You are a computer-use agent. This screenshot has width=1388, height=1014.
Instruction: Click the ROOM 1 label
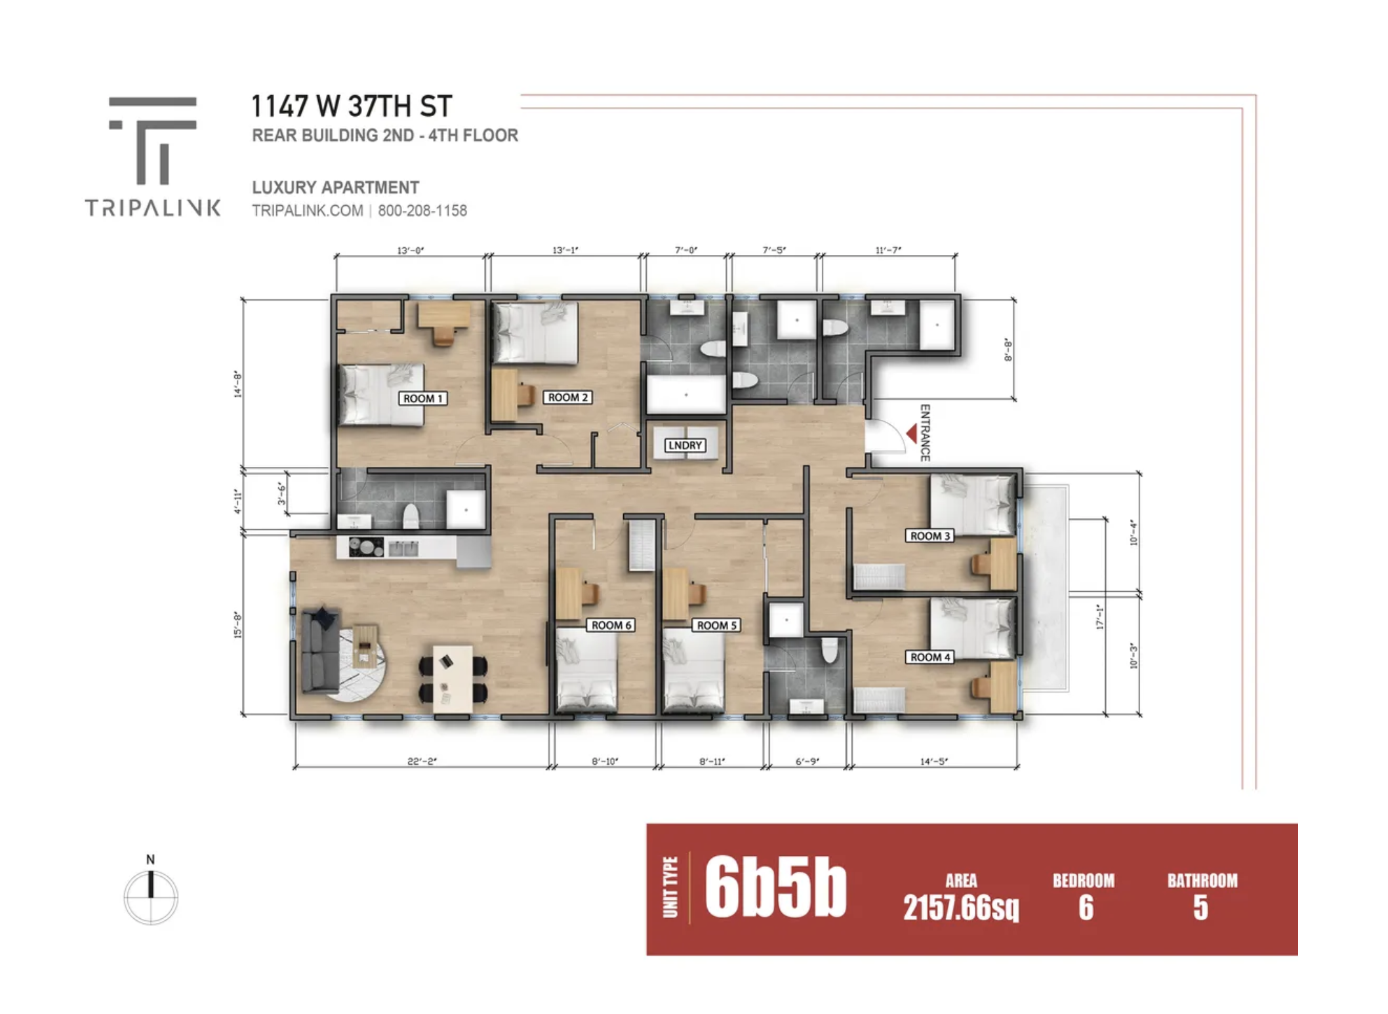pos(423,398)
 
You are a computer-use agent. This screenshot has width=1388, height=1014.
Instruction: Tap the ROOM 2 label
pos(568,397)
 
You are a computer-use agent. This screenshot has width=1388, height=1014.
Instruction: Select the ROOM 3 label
pos(930,536)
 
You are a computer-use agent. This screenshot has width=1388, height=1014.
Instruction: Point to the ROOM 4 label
pos(930,657)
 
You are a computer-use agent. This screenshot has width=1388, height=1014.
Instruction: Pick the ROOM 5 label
pos(717,625)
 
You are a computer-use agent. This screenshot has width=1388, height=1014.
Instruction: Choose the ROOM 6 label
pos(611,625)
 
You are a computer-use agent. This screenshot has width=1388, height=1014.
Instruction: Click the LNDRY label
pos(685,445)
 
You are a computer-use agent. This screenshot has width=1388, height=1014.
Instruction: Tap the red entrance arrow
pos(912,434)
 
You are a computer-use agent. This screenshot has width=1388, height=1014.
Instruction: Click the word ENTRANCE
pos(925,433)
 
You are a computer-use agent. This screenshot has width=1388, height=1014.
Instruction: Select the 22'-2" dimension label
pos(422,761)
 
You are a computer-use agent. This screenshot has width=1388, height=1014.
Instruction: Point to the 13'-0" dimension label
pos(411,250)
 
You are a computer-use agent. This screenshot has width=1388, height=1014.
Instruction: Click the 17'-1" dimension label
pos(1100,617)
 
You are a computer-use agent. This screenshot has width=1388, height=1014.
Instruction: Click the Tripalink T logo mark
pos(153,140)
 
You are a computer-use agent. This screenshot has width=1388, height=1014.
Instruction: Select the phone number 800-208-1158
pos(422,211)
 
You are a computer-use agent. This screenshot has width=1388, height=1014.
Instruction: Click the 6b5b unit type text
pos(776,888)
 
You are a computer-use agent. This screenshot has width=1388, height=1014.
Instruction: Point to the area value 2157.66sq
pos(961,908)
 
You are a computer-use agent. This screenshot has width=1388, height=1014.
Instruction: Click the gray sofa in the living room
pos(320,649)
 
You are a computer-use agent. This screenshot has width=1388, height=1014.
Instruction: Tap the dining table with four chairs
pos(453,678)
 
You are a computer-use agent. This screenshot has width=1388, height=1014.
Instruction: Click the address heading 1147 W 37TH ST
pos(352,106)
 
